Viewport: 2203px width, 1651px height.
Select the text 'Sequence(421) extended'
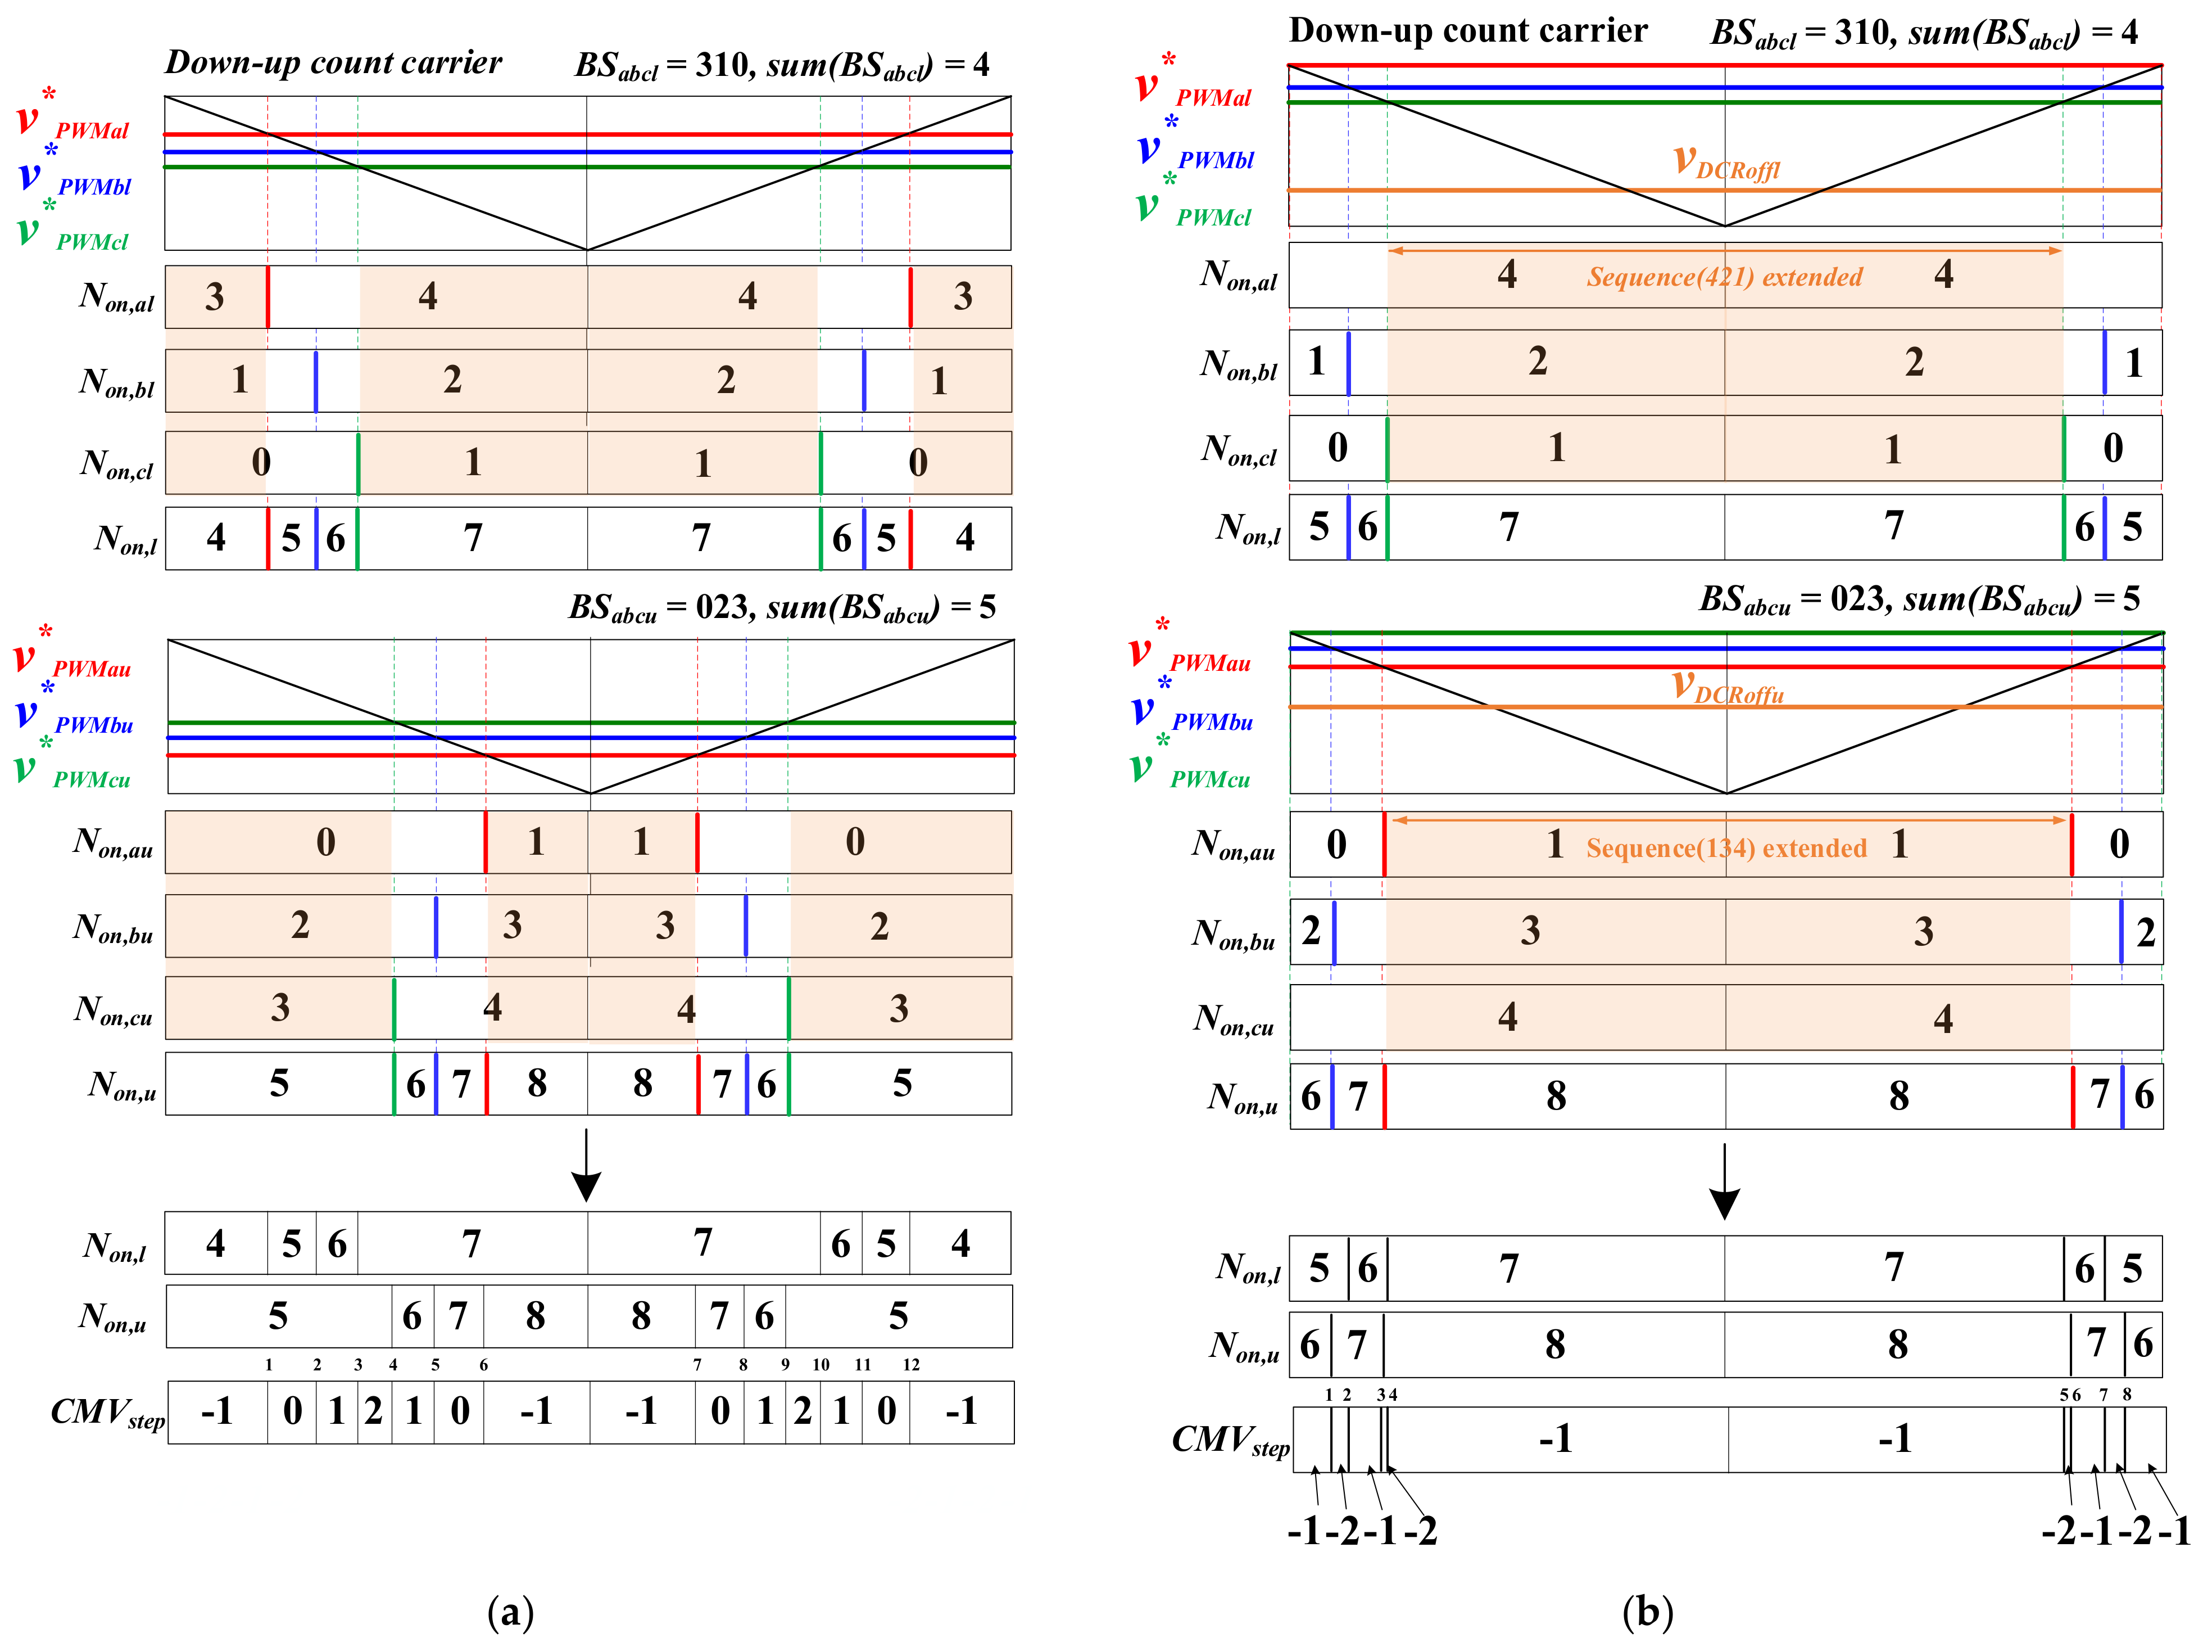tap(1724, 277)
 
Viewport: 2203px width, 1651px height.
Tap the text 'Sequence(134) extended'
tap(1726, 848)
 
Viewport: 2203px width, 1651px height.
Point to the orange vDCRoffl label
tap(1726, 163)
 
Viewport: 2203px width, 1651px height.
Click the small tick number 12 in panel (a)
tap(912, 1365)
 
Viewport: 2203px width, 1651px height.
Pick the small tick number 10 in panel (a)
tap(821, 1365)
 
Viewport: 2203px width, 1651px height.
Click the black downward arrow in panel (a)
tap(587, 1166)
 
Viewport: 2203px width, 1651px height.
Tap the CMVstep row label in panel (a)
tap(107, 1414)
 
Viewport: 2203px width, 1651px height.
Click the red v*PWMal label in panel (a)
tap(75, 118)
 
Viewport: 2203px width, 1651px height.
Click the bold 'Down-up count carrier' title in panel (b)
tap(1468, 31)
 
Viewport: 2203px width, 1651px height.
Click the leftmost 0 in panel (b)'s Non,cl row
tap(1338, 448)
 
